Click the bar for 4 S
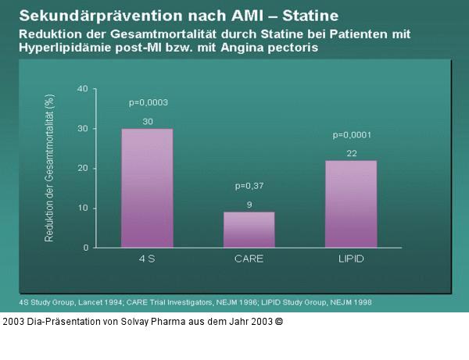pyautogui.click(x=147, y=188)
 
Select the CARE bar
pyautogui.click(x=249, y=230)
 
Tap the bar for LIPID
pyautogui.click(x=351, y=204)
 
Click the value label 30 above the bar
pyautogui.click(x=147, y=121)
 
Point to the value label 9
pyautogui.click(x=249, y=205)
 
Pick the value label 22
pyautogui.click(x=351, y=153)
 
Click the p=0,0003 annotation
pyautogui.click(x=148, y=102)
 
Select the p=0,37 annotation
pyautogui.click(x=249, y=186)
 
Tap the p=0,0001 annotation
pyautogui.click(x=352, y=134)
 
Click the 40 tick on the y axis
pyautogui.click(x=82, y=89)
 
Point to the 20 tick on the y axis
pyautogui.click(x=82, y=169)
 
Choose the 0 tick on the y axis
pyautogui.click(x=84, y=248)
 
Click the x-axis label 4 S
pyautogui.click(x=147, y=258)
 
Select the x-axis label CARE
pyautogui.click(x=249, y=258)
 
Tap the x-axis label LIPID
pyautogui.click(x=351, y=258)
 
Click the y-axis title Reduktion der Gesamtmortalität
pyautogui.click(x=49, y=168)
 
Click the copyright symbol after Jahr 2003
pyautogui.click(x=279, y=321)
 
